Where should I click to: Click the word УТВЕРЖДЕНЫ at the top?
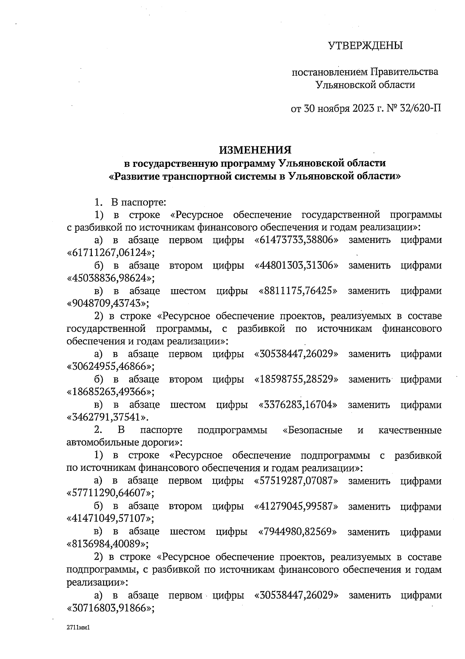coord(366,46)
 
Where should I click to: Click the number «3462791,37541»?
coord(108,417)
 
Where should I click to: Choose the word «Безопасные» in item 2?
coord(312,430)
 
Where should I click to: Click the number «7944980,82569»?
coord(298,532)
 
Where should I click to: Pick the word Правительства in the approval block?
coord(405,72)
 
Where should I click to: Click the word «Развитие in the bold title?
coord(134,177)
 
